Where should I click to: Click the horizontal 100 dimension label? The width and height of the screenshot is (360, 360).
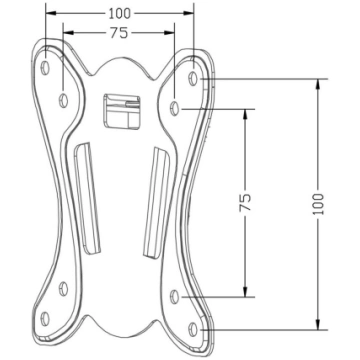(x=120, y=13)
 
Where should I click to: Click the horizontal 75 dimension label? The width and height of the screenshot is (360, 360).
(x=119, y=33)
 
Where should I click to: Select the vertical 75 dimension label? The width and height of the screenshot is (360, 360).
(x=245, y=202)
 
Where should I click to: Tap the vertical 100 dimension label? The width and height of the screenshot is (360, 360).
(x=318, y=204)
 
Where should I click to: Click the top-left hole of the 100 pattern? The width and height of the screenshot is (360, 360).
(x=45, y=68)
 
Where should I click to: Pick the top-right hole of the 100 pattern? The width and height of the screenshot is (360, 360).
(x=193, y=78)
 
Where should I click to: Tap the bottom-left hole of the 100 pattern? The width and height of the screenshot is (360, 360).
(x=45, y=319)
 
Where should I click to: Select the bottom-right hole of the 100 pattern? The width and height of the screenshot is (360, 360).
(x=193, y=329)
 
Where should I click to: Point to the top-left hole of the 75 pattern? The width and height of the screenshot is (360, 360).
(x=63, y=100)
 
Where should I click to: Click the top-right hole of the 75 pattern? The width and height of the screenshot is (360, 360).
(x=174, y=108)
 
